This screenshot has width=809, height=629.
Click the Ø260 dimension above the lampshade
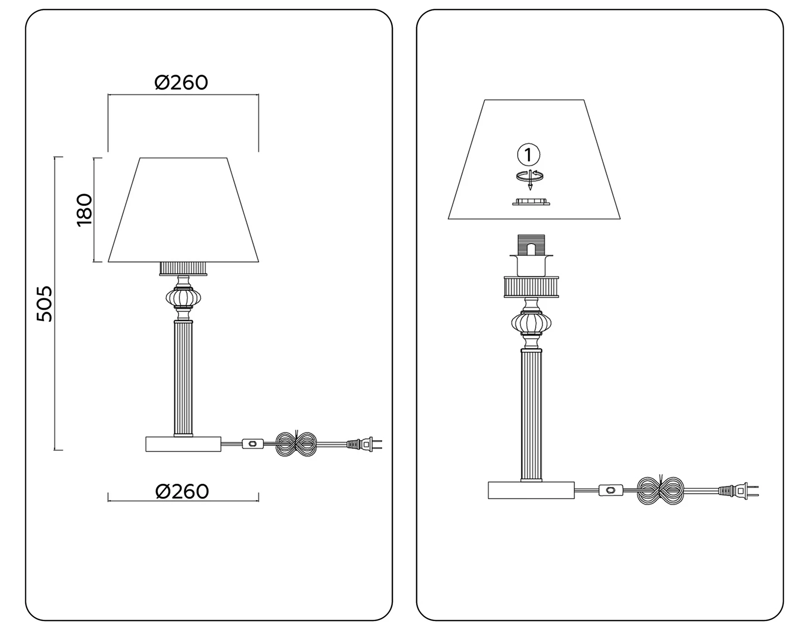click(181, 83)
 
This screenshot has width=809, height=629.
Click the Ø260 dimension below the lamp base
click(182, 491)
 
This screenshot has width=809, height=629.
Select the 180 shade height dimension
click(85, 210)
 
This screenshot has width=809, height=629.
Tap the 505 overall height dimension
click(44, 304)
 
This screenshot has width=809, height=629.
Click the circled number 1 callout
click(529, 155)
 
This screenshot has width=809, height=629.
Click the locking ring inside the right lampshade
click(531, 202)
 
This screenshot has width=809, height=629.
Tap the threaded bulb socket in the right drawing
click(531, 245)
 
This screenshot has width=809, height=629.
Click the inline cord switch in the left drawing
click(253, 444)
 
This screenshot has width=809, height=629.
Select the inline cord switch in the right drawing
click(611, 490)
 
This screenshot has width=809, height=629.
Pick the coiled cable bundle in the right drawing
click(661, 490)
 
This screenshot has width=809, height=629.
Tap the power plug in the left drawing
click(364, 444)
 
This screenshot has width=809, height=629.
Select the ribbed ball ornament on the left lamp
click(183, 297)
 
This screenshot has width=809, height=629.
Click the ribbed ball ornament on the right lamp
click(531, 322)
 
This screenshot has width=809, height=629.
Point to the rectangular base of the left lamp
click(183, 444)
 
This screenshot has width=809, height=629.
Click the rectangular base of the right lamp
click(531, 490)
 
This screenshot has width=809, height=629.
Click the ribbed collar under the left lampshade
click(183, 269)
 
